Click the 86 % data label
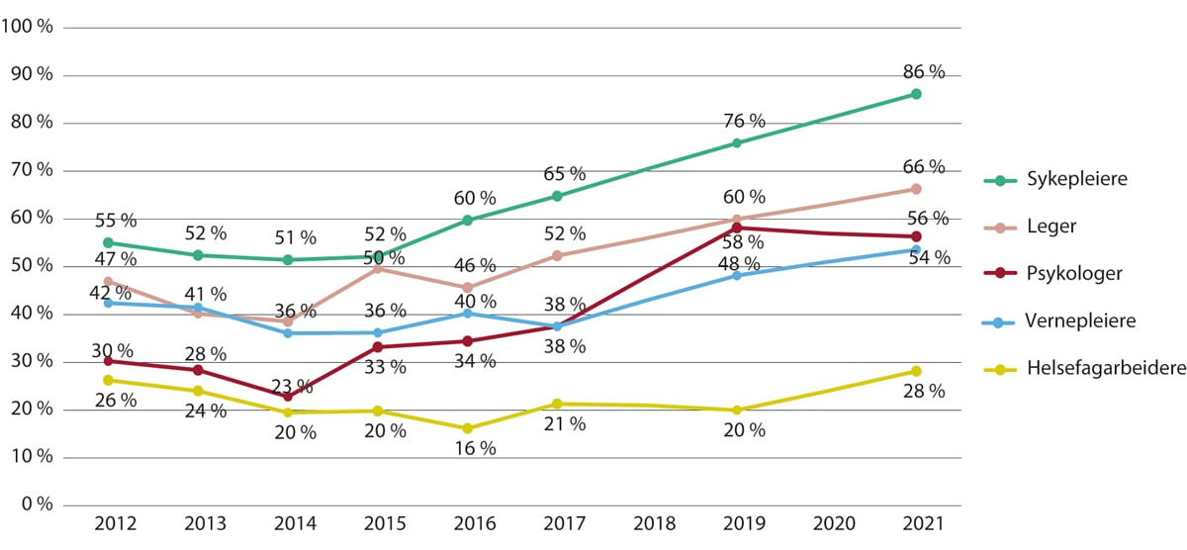coord(925,71)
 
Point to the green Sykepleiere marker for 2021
coord(916,94)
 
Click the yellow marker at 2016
coord(467,428)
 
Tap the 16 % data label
coord(475,448)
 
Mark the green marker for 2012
coord(108,242)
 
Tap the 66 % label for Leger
coord(925,167)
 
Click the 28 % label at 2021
coord(925,391)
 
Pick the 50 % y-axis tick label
coord(34,266)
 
